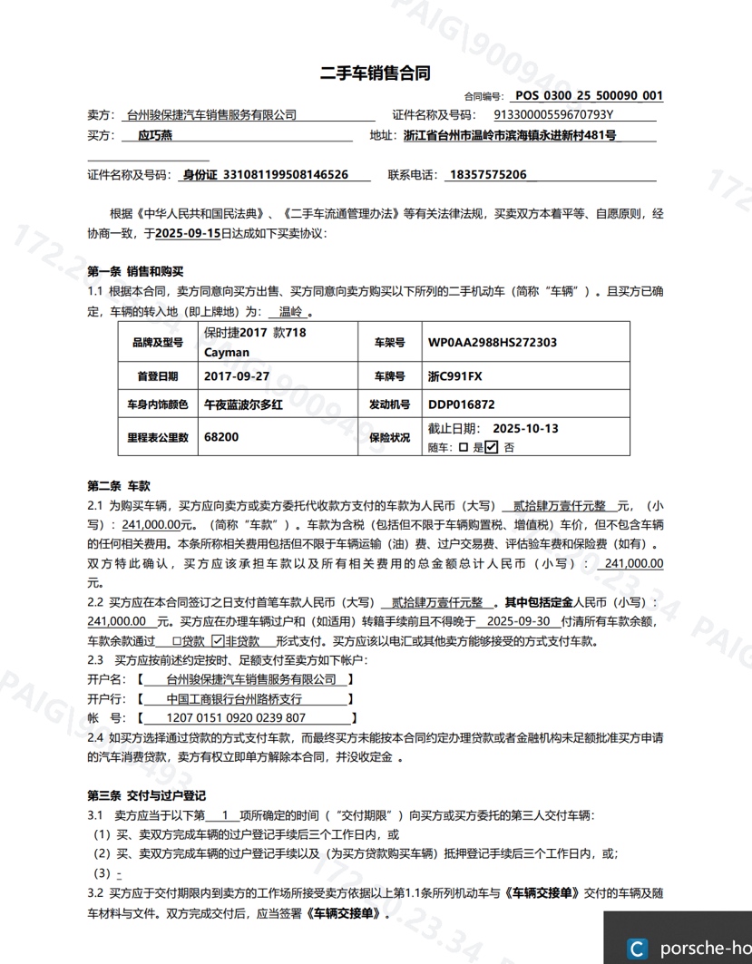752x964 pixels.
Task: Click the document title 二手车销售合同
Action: pos(375,73)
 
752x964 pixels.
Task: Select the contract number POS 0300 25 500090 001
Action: pos(588,95)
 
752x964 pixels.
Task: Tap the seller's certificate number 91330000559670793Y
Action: pos(553,115)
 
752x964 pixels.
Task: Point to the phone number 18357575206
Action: pos(487,175)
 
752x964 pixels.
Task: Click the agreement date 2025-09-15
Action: pos(188,233)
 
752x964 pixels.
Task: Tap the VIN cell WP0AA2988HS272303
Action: pos(492,343)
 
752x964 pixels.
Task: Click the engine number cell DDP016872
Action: pos(462,404)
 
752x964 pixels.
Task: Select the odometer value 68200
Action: pos(222,437)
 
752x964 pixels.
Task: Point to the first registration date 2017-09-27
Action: pos(237,375)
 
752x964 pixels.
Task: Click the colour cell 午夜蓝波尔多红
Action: pos(244,404)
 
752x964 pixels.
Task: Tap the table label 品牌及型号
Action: pos(157,343)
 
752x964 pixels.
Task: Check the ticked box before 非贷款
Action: pos(217,640)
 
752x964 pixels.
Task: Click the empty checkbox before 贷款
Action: pos(177,640)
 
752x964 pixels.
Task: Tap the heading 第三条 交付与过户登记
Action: pos(146,795)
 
